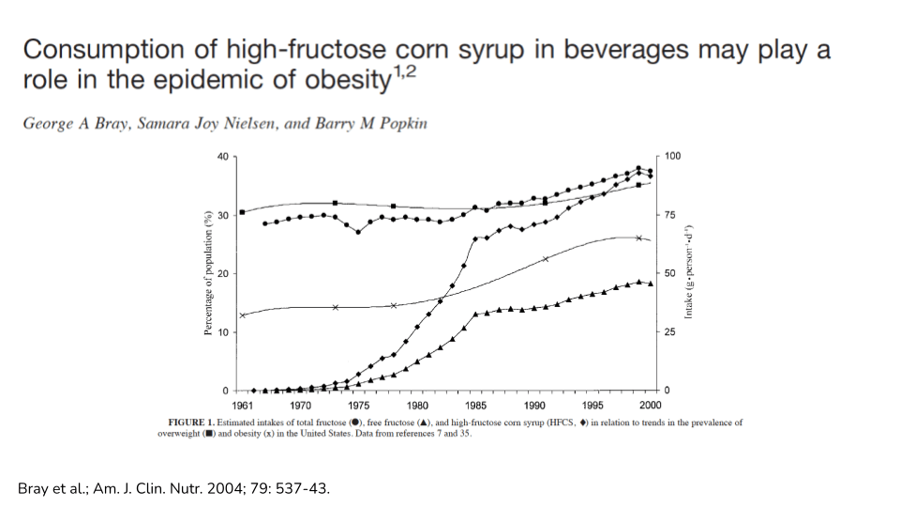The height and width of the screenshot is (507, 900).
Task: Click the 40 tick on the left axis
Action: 222,156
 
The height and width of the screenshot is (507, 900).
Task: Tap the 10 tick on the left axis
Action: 222,332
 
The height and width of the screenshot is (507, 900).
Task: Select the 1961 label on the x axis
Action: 242,406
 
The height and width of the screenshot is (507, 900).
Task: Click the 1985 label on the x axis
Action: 475,406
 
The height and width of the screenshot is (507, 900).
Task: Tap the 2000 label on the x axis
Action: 651,406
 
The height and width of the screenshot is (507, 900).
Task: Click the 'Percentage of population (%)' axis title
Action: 207,273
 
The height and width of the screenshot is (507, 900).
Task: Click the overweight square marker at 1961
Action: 242,212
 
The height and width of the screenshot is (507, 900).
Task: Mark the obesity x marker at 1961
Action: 242,315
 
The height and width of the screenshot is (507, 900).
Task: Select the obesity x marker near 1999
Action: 639,238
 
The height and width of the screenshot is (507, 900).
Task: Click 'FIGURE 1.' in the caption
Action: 192,422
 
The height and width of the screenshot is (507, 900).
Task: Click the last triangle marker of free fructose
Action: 651,284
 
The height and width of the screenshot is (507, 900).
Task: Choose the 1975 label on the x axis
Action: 359,406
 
